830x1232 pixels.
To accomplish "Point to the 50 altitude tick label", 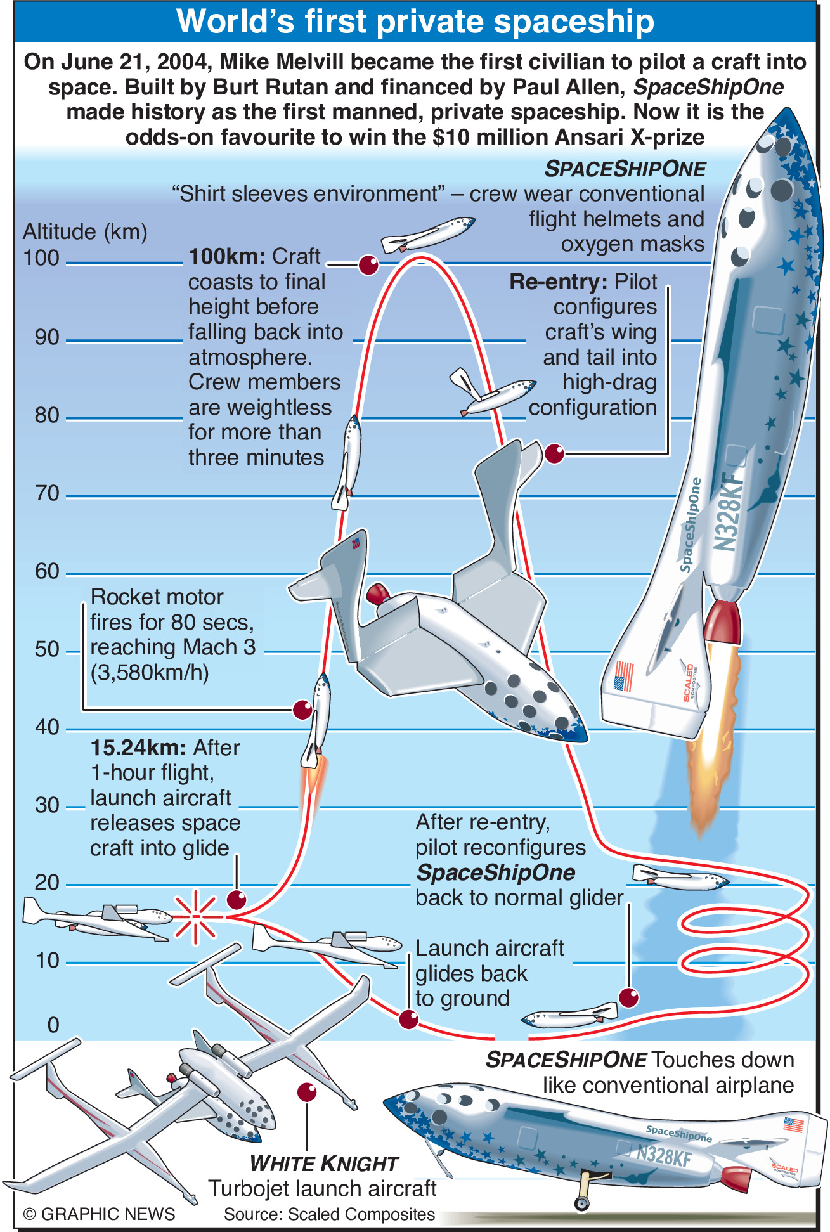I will pos(46,649).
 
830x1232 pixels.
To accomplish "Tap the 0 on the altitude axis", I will pos(53,1025).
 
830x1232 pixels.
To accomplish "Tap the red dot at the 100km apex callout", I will pos(368,264).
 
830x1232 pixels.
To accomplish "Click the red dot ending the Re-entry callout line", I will pos(554,453).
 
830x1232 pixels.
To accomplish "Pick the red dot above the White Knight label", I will pos(307,1092).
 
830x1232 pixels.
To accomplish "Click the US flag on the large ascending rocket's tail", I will pos(624,676).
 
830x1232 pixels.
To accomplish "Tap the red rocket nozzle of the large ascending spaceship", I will pos(722,621).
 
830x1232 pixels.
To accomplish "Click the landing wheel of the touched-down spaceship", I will pos(581,1202).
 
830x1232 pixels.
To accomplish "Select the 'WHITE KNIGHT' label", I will pos(323,1164).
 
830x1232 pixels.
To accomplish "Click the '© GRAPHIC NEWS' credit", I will pos(99,1214).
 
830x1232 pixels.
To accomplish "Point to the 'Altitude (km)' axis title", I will pos(85,231).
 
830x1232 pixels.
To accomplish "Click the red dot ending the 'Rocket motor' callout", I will pos(302,710).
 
